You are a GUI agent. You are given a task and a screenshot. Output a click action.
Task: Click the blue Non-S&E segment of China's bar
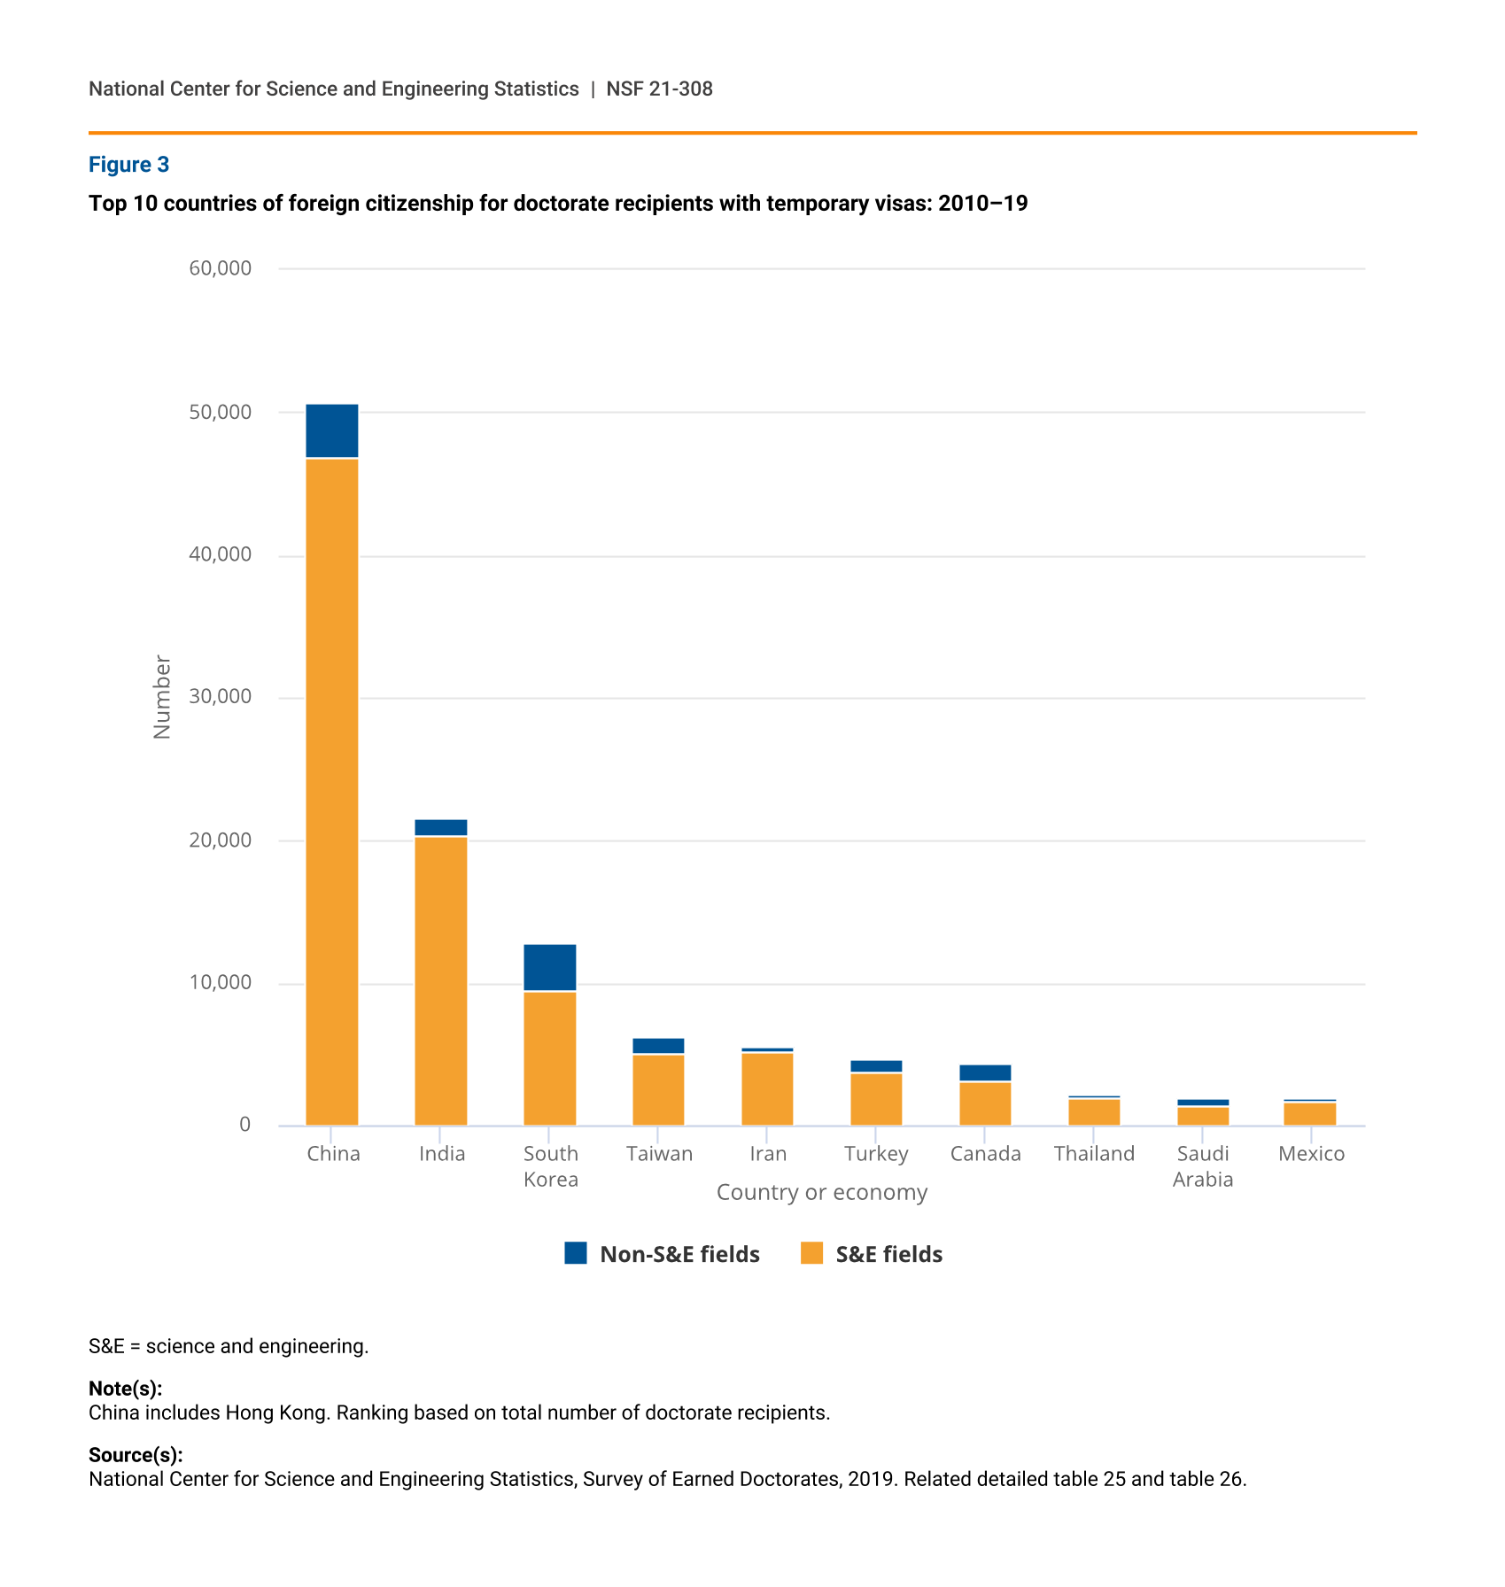[x=332, y=431]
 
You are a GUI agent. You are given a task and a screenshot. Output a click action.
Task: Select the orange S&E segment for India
[x=441, y=981]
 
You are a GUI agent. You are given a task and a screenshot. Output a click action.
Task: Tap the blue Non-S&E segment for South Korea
[x=550, y=968]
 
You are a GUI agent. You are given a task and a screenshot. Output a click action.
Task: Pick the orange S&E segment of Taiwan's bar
[x=658, y=1090]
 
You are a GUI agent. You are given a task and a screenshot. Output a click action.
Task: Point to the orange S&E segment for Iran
[x=767, y=1089]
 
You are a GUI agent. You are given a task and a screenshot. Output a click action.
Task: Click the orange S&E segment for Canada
[x=985, y=1104]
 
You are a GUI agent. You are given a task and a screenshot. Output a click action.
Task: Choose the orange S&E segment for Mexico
[x=1310, y=1114]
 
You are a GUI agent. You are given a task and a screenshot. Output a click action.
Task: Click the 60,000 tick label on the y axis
[x=221, y=268]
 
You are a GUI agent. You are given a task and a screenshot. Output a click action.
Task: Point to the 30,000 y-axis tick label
[x=221, y=697]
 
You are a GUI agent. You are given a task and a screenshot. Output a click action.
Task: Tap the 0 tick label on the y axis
[x=245, y=1125]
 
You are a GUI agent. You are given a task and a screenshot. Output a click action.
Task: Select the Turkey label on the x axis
[x=876, y=1154]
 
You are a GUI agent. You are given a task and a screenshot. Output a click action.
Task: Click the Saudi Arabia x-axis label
[x=1203, y=1166]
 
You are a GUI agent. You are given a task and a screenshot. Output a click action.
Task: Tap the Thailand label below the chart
[x=1094, y=1154]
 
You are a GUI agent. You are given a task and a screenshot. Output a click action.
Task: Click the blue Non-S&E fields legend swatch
[x=576, y=1253]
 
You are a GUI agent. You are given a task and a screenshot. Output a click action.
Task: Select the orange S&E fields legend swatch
[x=811, y=1253]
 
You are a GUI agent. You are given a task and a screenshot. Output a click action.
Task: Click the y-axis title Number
[x=162, y=697]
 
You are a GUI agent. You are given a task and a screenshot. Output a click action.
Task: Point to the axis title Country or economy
[x=822, y=1193]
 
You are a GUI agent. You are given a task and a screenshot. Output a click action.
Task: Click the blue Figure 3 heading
[x=129, y=165]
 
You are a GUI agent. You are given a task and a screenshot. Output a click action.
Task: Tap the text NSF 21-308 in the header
[x=660, y=89]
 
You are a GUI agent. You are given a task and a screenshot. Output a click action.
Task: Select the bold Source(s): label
[x=136, y=1455]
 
